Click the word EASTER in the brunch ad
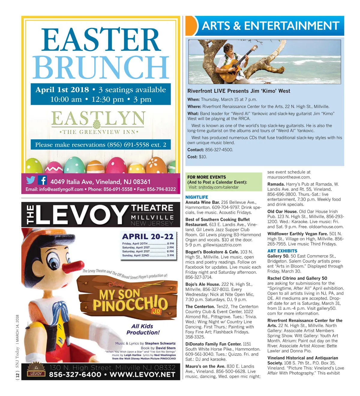(101, 41)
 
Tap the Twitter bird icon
(31, 180)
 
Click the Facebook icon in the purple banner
(42, 180)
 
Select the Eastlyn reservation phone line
(100, 145)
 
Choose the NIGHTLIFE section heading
(196, 197)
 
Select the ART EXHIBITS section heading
(282, 251)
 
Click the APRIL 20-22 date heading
(148, 237)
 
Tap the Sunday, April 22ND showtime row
(148, 255)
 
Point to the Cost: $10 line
(197, 157)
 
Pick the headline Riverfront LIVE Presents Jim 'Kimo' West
(239, 91)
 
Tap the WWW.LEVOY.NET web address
(142, 375)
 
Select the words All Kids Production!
(143, 329)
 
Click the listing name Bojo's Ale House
(203, 284)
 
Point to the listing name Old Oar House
(282, 212)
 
